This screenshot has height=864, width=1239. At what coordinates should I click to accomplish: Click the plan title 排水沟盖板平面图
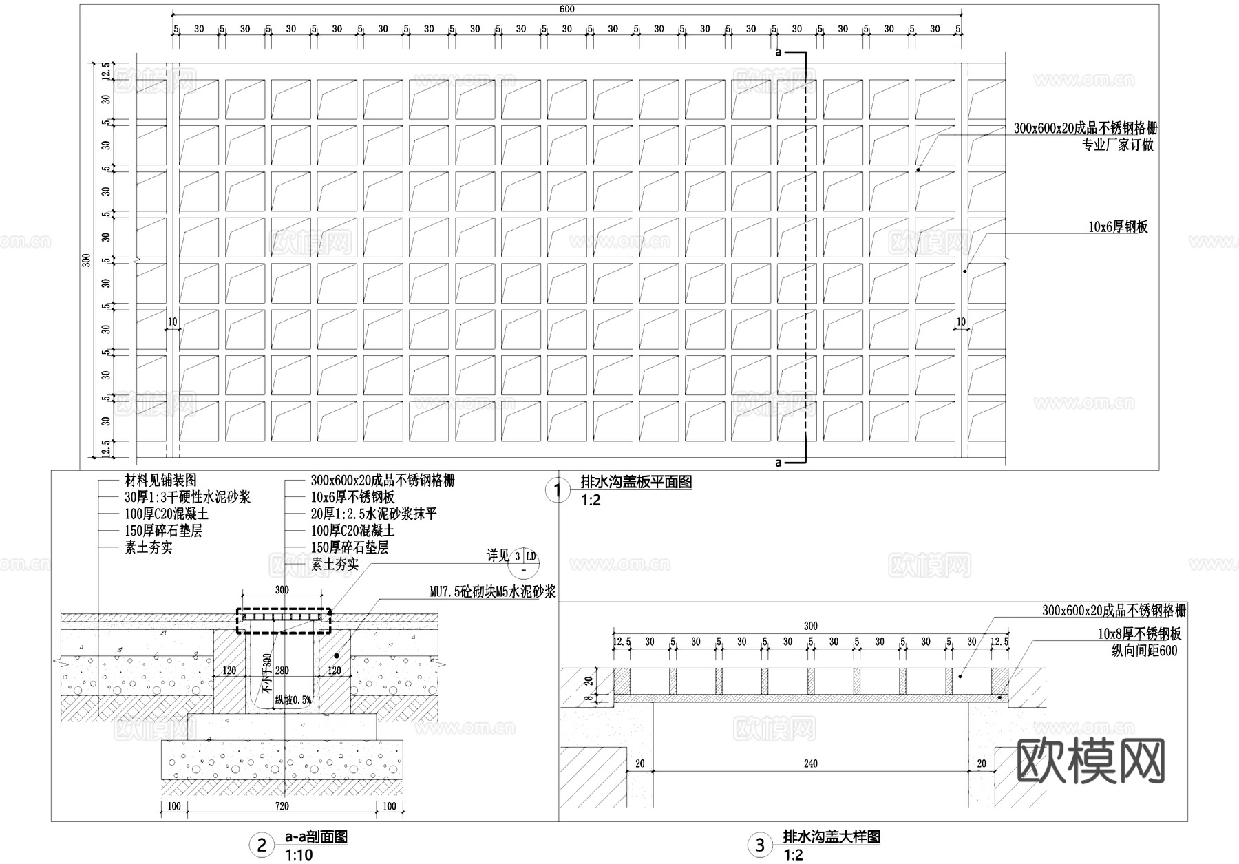636,482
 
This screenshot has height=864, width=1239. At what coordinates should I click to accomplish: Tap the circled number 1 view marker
558,491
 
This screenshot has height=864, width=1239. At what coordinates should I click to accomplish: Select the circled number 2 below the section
262,845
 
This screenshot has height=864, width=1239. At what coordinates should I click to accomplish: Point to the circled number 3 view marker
760,845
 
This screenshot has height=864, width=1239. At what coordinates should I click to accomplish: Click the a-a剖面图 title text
316,838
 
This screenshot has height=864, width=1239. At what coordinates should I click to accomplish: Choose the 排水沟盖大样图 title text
832,837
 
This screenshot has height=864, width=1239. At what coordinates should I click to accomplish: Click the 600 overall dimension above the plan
566,9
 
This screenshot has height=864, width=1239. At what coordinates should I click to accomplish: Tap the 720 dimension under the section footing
282,806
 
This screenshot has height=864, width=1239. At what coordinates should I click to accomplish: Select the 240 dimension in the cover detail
810,763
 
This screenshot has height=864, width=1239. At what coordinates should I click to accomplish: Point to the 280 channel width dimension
282,671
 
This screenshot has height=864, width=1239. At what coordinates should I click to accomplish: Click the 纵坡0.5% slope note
293,700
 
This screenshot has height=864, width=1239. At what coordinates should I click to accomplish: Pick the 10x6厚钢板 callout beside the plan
1118,227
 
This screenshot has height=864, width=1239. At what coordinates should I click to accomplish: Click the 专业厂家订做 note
1118,145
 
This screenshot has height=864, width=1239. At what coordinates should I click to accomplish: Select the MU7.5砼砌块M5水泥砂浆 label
492,591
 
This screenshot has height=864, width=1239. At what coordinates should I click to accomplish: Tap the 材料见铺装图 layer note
160,481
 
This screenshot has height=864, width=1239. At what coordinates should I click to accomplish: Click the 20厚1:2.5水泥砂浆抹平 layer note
373,514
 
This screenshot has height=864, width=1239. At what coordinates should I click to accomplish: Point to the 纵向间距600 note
1144,651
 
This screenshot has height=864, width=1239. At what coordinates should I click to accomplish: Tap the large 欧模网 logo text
1090,761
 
